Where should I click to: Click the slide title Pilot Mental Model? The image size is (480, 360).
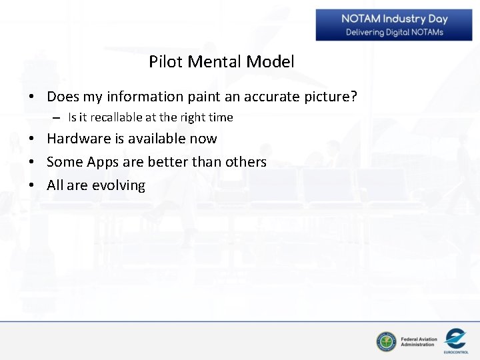(x=221, y=62)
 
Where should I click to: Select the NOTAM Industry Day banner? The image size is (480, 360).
(x=393, y=25)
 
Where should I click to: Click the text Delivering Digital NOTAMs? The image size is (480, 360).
(x=394, y=33)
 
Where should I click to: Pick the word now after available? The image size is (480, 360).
(x=203, y=139)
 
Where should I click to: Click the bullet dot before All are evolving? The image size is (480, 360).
(x=32, y=185)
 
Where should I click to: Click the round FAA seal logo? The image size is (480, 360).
(x=386, y=342)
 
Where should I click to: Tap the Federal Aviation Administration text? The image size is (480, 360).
(x=419, y=342)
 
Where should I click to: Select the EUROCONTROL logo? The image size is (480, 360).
(x=455, y=341)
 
